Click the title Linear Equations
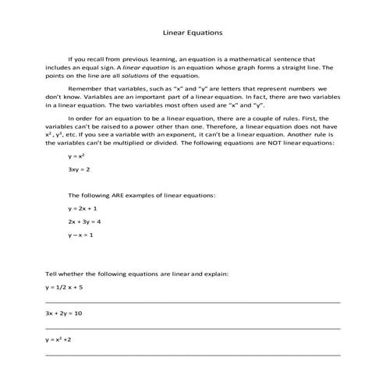pos(193,34)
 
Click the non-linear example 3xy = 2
pos(79,168)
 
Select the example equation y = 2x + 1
pos(83,208)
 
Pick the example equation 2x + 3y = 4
pos(84,221)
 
